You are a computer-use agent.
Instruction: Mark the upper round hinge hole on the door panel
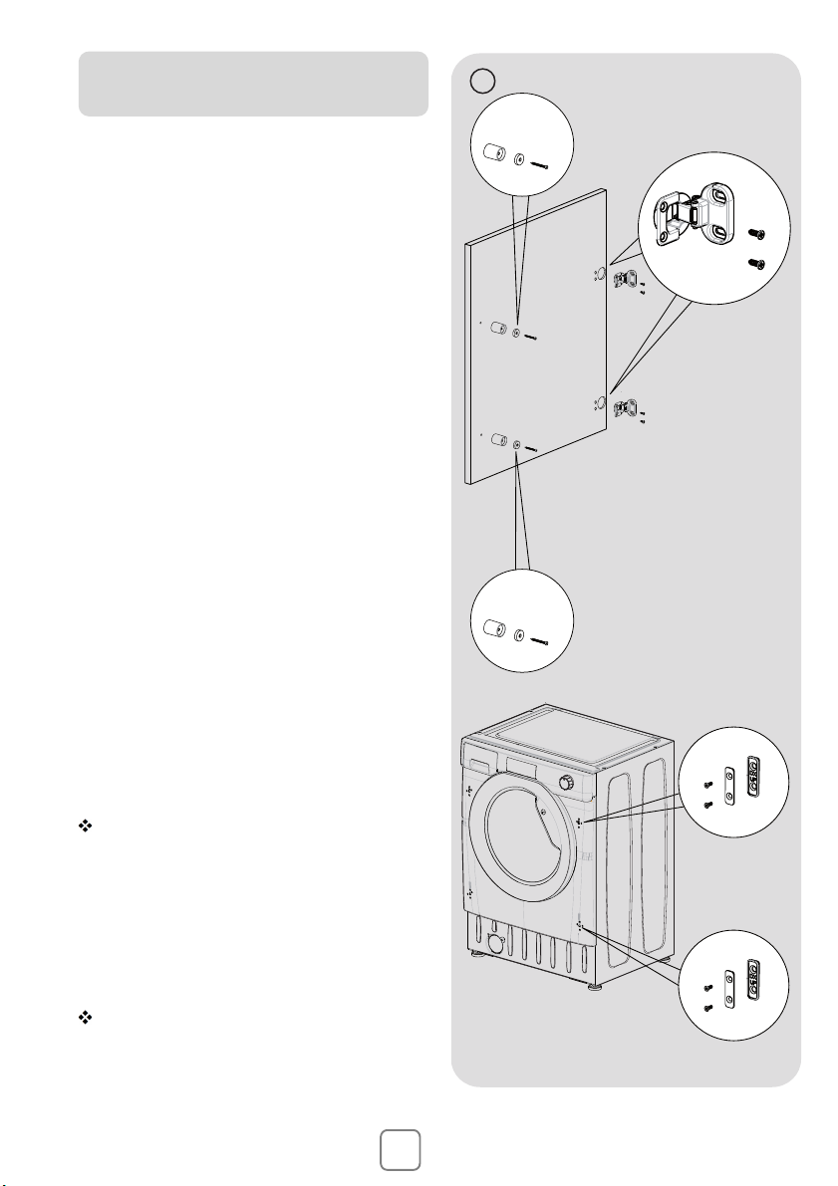tap(599, 275)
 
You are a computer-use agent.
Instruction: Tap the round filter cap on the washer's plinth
tap(494, 941)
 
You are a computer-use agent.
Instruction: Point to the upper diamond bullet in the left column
tap(84, 829)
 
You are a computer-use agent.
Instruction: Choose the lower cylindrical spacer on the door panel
tap(499, 441)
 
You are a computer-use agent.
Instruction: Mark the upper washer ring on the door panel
tap(516, 333)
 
